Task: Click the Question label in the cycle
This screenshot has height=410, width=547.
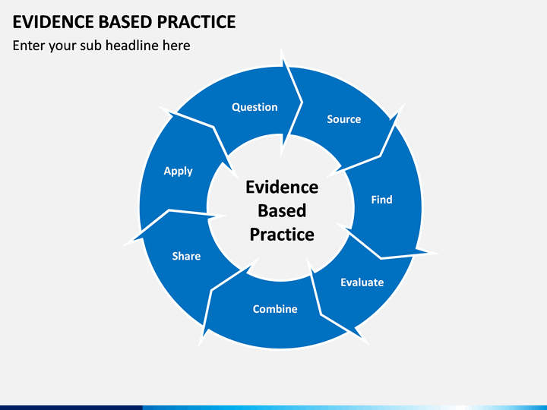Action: coord(255,107)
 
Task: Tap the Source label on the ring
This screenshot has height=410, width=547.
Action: coord(344,119)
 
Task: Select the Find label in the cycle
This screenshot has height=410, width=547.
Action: coord(381,200)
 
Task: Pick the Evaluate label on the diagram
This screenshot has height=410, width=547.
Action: coord(362,282)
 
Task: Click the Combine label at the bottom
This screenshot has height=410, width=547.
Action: coord(275,309)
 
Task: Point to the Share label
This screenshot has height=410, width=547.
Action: coord(186,257)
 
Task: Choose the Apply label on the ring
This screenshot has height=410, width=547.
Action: coord(179,171)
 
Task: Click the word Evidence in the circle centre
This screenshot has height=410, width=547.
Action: coord(282,188)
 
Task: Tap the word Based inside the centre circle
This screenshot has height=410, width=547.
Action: coord(282,210)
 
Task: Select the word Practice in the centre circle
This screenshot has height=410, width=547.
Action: coord(282,235)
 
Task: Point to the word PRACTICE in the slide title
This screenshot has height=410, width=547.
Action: coord(197,22)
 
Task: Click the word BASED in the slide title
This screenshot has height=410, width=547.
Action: coord(125,22)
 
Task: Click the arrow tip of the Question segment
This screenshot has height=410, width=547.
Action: coord(302,102)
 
